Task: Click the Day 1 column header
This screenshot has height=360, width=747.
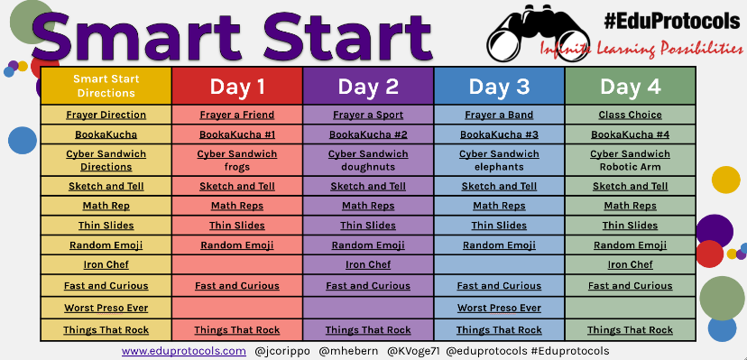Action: pos(237,87)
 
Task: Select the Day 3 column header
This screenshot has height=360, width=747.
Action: pos(499,87)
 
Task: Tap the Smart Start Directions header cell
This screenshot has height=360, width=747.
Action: pos(106,87)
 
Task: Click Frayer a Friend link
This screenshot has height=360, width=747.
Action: pos(237,115)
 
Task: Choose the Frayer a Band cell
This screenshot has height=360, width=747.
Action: pos(499,115)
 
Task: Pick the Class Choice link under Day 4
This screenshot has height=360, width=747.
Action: pos(631,115)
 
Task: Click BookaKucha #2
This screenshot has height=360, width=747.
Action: pos(368,134)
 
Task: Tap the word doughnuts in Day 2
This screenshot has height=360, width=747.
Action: pos(368,167)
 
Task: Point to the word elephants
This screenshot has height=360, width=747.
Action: pos(499,167)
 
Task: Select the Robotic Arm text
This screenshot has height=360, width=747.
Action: pos(631,167)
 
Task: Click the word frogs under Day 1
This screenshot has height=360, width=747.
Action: pos(237,167)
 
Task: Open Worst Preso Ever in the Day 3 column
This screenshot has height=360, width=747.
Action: pos(499,308)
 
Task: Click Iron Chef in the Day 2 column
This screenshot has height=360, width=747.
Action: pos(368,264)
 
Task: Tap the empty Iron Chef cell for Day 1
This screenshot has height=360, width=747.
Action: pos(237,264)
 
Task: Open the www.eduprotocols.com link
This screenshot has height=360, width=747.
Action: pos(184,351)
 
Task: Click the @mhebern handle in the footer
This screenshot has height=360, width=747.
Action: pos(348,351)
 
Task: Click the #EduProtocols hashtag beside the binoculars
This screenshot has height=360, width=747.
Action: pos(672,21)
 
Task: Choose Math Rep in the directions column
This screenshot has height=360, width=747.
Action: pos(106,206)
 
